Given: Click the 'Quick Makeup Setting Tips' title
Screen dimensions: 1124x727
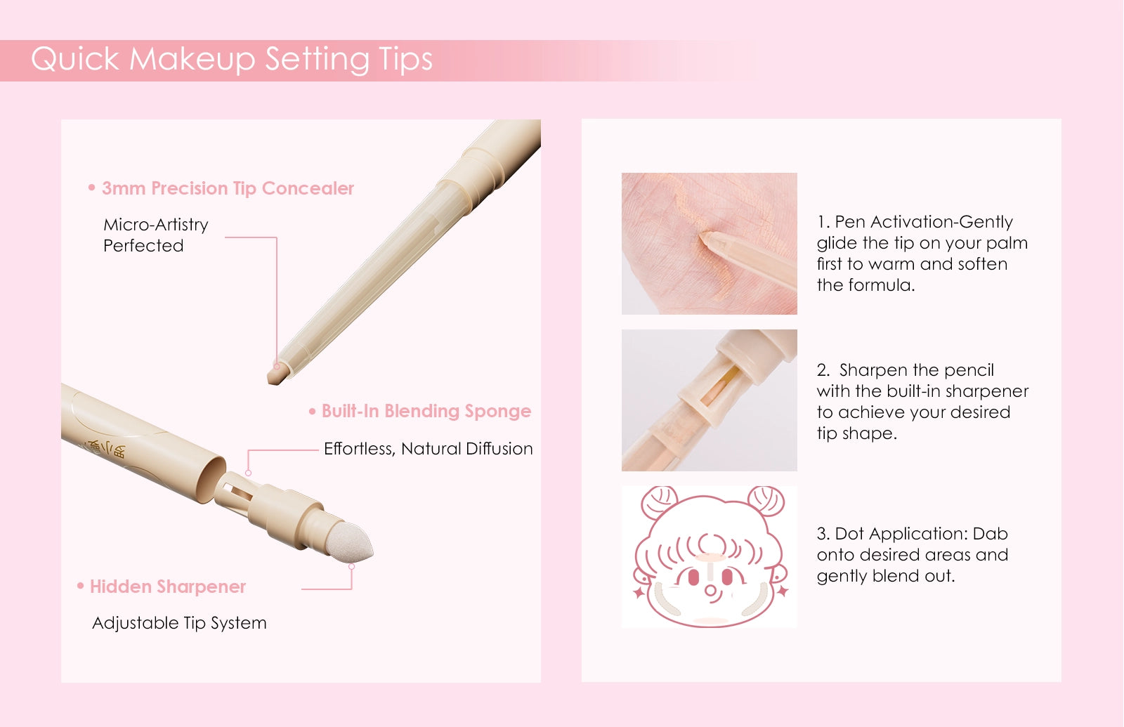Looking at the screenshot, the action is pos(231,60).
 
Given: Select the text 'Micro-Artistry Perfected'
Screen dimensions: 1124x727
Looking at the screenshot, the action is pos(155,235).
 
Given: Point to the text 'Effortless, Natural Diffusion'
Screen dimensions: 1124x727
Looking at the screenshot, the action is pos(428,449).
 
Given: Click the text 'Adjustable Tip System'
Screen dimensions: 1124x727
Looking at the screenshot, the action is pos(179,623).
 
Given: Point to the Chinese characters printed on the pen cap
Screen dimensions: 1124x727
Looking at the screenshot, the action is pos(105,449).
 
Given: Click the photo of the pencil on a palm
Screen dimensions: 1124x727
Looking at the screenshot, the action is pos(709,244).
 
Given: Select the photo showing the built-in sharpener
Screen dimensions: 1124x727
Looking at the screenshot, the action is pos(709,400).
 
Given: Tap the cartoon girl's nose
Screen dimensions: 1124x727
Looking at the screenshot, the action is pos(711,591).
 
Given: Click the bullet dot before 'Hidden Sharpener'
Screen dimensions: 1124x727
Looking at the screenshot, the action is pos(80,586).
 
